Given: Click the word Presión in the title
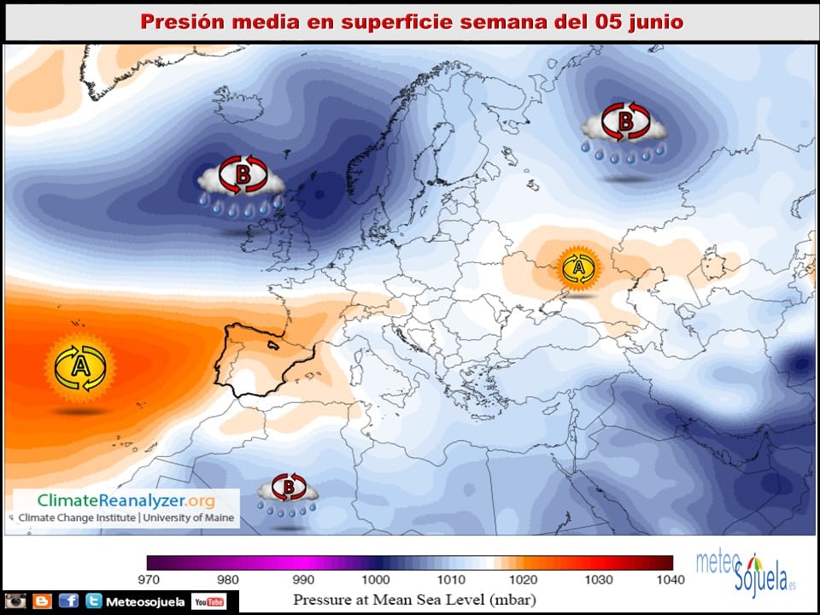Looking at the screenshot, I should coord(175,21).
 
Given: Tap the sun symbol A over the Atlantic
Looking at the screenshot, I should coord(79,368).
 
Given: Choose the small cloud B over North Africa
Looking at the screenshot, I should coord(289,491).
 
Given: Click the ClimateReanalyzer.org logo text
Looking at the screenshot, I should coord(126,501).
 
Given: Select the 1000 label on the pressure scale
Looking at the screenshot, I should coord(376,580).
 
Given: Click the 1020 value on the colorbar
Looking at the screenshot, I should coord(524,580).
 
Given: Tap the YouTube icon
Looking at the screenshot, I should coord(209,602).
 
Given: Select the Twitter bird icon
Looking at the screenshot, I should coord(94,601).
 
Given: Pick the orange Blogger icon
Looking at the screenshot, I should coord(42,601).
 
